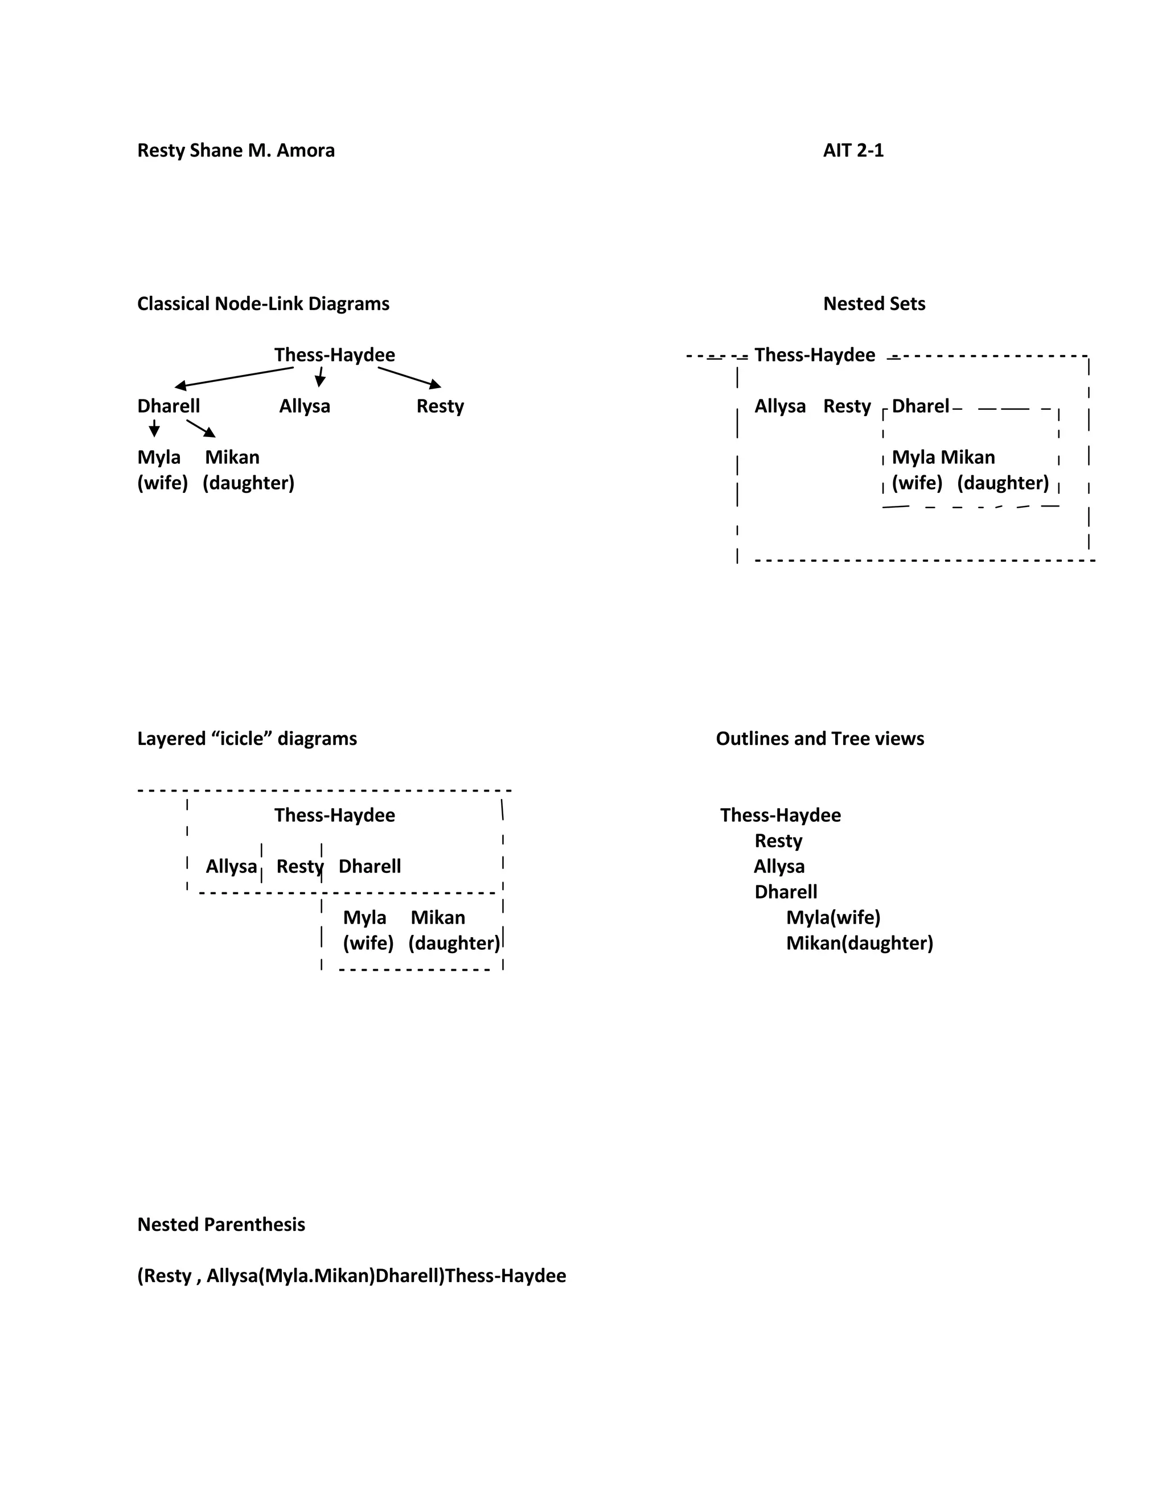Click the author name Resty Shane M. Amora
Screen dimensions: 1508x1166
[x=236, y=151]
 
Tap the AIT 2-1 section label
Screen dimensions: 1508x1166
[x=853, y=151]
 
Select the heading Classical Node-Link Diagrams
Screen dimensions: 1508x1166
[x=263, y=304]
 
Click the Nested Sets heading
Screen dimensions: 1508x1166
[x=874, y=304]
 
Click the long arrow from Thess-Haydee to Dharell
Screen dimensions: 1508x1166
[x=235, y=377]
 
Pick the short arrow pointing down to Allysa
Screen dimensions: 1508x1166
[x=320, y=377]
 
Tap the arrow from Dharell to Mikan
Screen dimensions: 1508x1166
[x=201, y=428]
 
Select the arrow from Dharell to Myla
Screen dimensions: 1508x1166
[x=154, y=428]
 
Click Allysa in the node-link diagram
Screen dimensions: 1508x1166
[x=305, y=406]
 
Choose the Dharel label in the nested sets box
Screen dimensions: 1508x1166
[x=920, y=406]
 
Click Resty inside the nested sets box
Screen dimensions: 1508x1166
[x=847, y=406]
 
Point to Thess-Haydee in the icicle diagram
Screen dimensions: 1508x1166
[x=334, y=815]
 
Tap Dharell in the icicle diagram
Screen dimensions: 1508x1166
[x=369, y=867]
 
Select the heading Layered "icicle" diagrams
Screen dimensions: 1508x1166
[x=247, y=739]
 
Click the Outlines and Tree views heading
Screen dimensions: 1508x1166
[x=820, y=739]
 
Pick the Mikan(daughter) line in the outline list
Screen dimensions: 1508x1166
[x=859, y=943]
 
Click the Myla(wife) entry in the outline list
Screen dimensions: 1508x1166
[x=833, y=918]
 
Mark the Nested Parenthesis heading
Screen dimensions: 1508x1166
[x=221, y=1224]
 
